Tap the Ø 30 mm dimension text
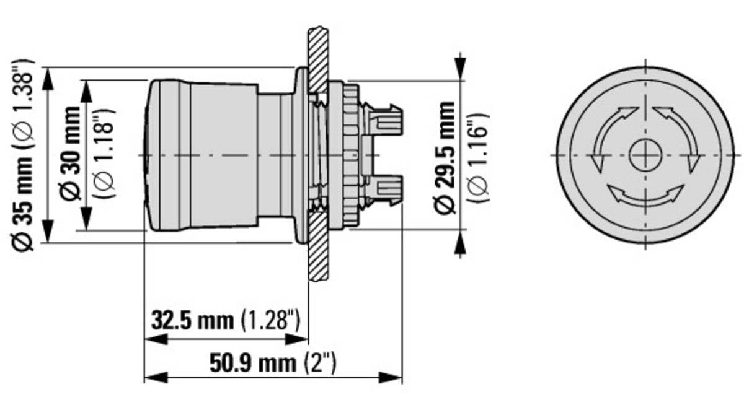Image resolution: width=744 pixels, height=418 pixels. (x=71, y=154)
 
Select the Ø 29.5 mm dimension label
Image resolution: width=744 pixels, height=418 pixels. (x=445, y=157)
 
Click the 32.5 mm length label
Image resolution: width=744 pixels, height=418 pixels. (x=193, y=321)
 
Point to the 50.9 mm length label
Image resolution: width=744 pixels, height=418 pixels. (x=253, y=363)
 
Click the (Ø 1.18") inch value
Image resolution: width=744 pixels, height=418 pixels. (x=104, y=154)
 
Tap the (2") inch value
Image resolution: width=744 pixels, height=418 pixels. (x=320, y=363)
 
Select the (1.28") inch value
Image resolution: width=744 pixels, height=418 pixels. (x=271, y=321)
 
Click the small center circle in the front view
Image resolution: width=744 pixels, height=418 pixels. (x=645, y=155)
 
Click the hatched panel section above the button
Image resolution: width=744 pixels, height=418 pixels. (x=318, y=59)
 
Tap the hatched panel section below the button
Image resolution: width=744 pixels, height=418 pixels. (x=318, y=246)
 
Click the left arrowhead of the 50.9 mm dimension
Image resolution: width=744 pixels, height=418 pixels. (x=156, y=378)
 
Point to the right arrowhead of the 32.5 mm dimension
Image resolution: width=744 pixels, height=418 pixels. (x=296, y=339)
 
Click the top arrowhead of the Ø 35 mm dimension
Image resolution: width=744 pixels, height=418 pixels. (x=48, y=79)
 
